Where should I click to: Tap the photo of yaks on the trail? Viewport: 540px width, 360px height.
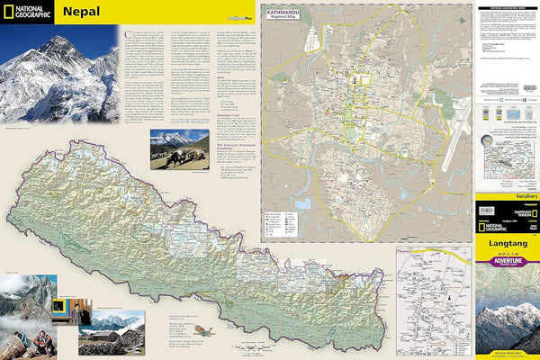[x=180, y=148]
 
